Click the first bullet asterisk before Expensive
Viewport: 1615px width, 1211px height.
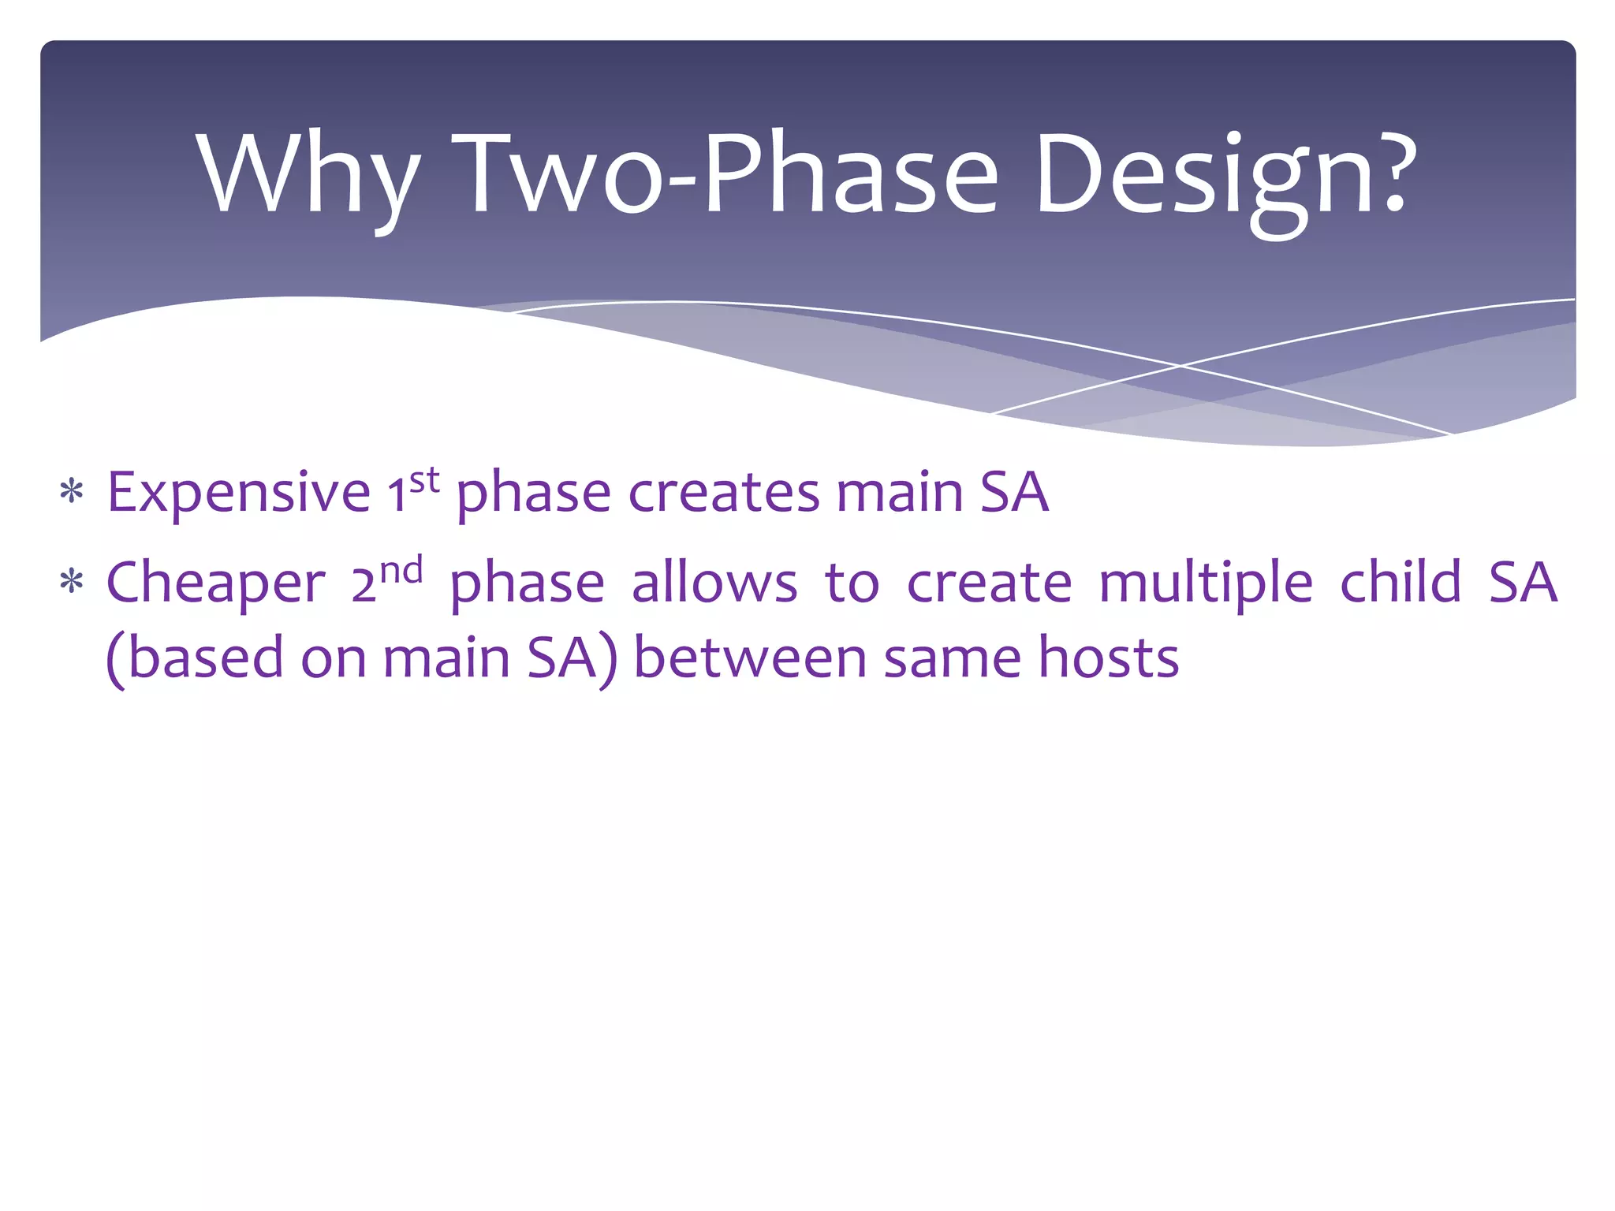pos(72,493)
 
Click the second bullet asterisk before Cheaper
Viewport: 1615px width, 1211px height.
pos(72,583)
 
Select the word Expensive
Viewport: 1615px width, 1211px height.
pos(239,493)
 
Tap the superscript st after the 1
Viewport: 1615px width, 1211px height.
pos(424,479)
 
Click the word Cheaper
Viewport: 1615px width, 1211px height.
pos(215,583)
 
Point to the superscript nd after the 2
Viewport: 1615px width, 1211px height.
pos(401,569)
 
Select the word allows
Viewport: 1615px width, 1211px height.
pos(714,583)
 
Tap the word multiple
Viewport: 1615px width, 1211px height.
pos(1206,583)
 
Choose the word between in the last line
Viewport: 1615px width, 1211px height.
pos(750,658)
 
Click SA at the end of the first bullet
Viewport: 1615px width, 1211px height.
pos(1014,493)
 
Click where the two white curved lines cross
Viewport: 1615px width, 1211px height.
pos(1180,366)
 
